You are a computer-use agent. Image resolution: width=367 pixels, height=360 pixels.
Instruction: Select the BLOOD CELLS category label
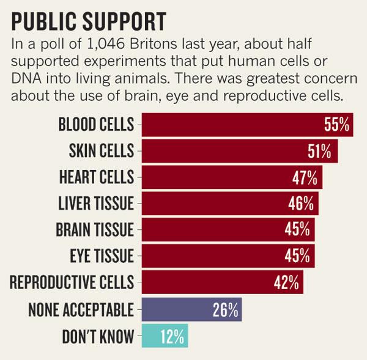95,125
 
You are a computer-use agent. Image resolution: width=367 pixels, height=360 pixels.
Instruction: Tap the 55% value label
336,125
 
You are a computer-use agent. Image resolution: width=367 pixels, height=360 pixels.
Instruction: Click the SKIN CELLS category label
99,151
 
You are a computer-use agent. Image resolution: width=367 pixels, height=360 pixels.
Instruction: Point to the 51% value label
319,151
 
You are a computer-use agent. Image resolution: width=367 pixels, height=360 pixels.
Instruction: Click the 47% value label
304,177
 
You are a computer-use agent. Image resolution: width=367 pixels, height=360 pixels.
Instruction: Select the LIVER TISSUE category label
95,204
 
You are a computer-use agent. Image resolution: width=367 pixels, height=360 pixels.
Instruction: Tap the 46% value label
300,204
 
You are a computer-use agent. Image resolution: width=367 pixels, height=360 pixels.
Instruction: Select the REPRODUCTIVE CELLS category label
72,283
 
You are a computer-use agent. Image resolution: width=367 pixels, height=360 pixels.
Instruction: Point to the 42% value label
286,283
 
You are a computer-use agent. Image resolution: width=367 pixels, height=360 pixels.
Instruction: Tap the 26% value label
225,309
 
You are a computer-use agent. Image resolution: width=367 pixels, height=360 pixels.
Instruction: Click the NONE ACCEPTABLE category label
81,309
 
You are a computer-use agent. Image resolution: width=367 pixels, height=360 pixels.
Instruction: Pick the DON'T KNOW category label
98,336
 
